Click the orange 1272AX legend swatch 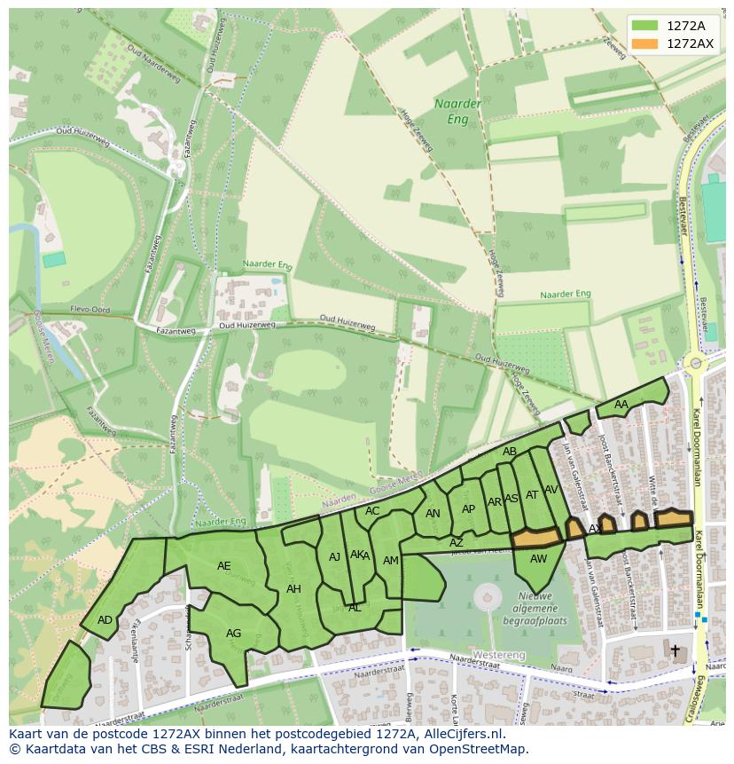[x=645, y=43]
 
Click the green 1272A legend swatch [x=645, y=26]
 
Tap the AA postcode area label [x=621, y=405]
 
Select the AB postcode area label [x=509, y=452]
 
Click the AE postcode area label [x=223, y=566]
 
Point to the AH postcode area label [x=293, y=589]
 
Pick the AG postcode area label [x=233, y=634]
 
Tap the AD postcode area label [x=105, y=620]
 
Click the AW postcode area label [x=538, y=559]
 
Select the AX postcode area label [x=595, y=529]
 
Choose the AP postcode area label [x=468, y=509]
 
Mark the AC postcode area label [x=372, y=511]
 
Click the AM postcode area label [x=391, y=561]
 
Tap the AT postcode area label [x=532, y=495]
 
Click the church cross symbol [x=675, y=650]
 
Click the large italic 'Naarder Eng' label [x=458, y=110]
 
